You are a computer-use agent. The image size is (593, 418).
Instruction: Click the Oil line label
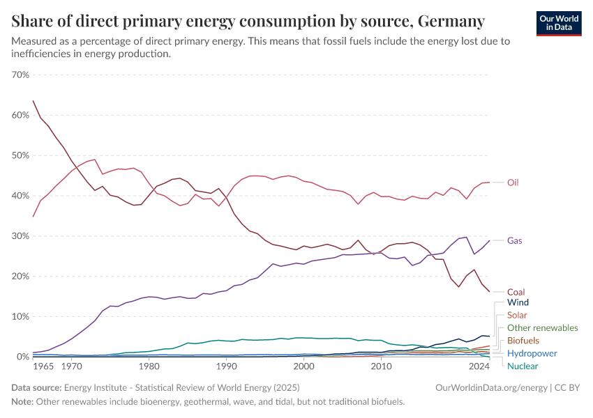point(513,183)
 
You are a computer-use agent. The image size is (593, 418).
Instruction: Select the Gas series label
point(515,241)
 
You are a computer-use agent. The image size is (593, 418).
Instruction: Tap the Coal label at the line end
point(516,293)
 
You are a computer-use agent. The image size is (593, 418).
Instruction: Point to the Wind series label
point(518,303)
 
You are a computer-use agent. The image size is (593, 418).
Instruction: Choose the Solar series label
point(518,316)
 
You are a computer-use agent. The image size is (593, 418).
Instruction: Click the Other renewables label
point(542,328)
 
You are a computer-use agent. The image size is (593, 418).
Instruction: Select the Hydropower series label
point(532,353)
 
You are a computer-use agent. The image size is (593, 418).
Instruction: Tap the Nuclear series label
point(523,366)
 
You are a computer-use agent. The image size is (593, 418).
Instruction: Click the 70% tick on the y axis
point(20,75)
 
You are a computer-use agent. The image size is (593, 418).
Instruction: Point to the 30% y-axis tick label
point(20,236)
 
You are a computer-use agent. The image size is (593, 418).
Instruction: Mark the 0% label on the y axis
point(22,357)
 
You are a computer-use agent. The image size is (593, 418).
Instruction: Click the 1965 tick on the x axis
point(43,366)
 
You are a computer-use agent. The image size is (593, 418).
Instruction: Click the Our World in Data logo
point(559,22)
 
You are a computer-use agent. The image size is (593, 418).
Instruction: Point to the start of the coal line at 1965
point(33,100)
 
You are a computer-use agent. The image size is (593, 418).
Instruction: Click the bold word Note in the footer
point(23,402)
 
